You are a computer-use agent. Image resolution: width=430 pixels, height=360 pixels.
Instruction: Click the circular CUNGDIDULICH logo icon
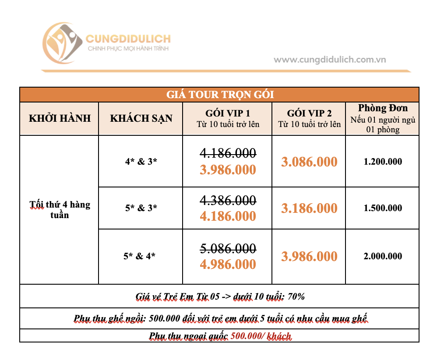[x=62, y=42]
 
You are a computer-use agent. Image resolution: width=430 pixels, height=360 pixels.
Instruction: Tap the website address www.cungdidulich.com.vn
[x=330, y=60]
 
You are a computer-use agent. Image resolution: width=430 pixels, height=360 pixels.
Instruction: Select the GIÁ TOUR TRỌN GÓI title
[x=219, y=95]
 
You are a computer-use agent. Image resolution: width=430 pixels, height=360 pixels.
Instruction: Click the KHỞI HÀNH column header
[x=60, y=118]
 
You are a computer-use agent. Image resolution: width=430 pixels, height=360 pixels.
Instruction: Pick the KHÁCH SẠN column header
[x=141, y=118]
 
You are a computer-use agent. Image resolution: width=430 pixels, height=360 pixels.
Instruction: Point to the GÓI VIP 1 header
[x=228, y=113]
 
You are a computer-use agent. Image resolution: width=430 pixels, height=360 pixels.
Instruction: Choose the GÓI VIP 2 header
[x=309, y=113]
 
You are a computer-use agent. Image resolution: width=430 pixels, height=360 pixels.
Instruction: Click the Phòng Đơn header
[x=383, y=108]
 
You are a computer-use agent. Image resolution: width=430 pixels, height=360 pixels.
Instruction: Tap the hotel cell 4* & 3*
[x=141, y=161]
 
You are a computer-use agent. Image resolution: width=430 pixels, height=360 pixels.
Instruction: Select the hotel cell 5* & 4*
[x=140, y=256]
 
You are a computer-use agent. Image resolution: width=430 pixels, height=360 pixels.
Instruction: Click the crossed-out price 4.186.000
[x=228, y=153]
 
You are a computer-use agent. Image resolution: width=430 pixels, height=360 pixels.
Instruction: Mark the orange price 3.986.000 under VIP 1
[x=228, y=169]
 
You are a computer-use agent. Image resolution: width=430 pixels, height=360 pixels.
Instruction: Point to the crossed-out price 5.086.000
[x=228, y=248]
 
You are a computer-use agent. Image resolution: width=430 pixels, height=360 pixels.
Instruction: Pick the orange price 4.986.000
[x=228, y=265]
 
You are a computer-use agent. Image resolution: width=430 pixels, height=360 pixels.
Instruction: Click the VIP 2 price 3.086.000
[x=309, y=162]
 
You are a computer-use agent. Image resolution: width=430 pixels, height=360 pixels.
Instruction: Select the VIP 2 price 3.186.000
[x=309, y=208]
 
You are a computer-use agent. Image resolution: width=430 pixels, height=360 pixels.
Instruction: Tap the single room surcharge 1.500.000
[x=383, y=208]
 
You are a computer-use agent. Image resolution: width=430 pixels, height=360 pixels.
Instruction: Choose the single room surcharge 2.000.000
[x=383, y=256]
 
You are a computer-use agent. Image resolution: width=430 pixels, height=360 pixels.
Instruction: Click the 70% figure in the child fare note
[x=296, y=296]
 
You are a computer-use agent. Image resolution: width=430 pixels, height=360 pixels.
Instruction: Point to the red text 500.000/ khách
[x=261, y=336]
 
